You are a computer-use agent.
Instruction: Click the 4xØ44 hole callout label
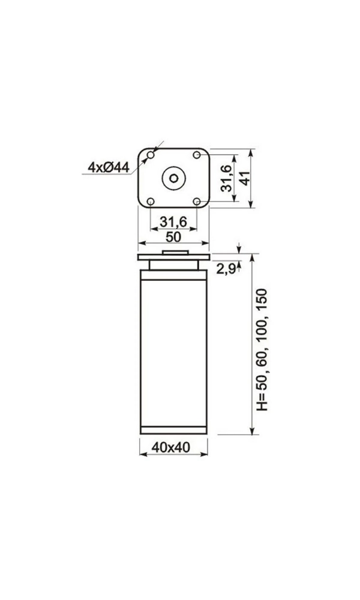pyautogui.click(x=109, y=167)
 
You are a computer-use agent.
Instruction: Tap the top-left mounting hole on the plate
pyautogui.click(x=151, y=155)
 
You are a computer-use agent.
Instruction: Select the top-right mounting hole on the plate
pyautogui.click(x=197, y=155)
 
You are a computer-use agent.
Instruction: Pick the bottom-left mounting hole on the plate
pyautogui.click(x=151, y=201)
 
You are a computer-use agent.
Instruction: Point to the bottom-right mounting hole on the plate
pyautogui.click(x=197, y=201)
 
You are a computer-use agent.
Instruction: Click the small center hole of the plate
pyautogui.click(x=173, y=178)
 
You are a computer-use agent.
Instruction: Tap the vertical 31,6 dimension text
pyautogui.click(x=226, y=178)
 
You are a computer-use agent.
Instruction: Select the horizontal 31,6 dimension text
pyautogui.click(x=173, y=221)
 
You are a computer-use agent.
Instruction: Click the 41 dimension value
pyautogui.click(x=245, y=178)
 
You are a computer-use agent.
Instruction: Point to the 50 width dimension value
pyautogui.click(x=173, y=237)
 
